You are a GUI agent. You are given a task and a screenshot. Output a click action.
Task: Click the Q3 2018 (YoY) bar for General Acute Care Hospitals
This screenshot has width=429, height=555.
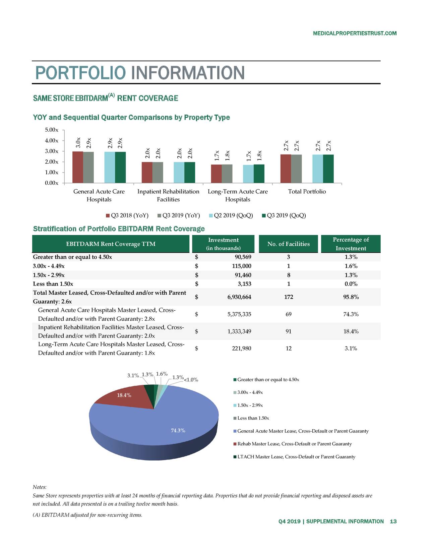point(78,167)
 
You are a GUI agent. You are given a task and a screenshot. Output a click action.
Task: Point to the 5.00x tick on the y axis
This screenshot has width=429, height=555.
point(52,130)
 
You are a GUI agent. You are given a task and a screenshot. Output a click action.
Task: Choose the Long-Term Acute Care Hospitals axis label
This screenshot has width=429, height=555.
point(238,196)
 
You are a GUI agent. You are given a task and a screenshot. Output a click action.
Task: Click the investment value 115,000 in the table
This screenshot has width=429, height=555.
point(240,266)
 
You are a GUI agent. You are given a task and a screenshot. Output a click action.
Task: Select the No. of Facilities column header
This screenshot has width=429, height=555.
point(288,244)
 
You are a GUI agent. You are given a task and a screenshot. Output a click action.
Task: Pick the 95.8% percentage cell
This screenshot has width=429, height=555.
point(351,297)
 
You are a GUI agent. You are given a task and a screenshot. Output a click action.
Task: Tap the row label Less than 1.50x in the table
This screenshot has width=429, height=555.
point(53,284)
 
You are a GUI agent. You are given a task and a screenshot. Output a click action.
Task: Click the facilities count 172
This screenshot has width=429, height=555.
point(288,297)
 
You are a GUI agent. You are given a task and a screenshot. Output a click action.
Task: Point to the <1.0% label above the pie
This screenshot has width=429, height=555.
point(191,380)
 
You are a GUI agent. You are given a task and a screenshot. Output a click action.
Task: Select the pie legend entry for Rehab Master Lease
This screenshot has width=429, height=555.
point(294,444)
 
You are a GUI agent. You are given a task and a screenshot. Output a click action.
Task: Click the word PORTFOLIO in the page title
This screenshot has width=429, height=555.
point(80,73)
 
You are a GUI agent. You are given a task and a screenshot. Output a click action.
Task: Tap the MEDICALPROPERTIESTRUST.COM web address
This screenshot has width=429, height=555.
point(354,33)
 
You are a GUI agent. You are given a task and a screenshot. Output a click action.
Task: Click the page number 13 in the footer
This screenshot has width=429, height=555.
point(393,521)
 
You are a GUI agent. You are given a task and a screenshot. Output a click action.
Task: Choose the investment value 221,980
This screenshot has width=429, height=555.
point(241,349)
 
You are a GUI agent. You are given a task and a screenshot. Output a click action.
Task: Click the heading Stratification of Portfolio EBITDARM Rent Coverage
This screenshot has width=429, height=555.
point(119,229)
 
